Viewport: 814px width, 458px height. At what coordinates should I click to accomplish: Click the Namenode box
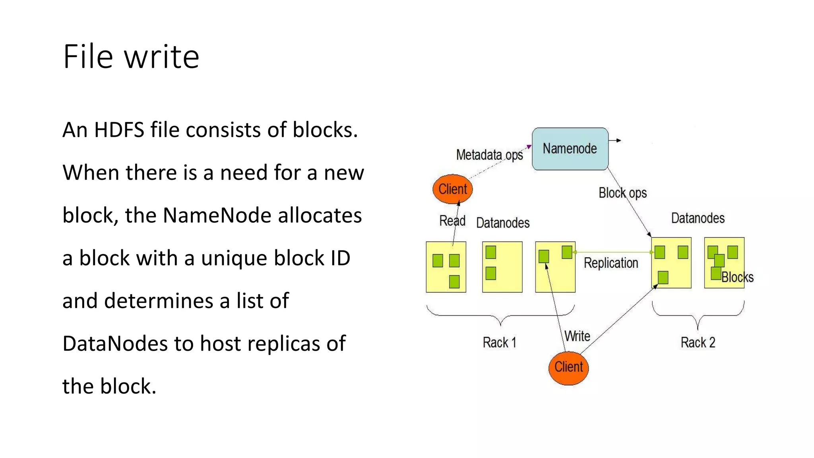[570, 149]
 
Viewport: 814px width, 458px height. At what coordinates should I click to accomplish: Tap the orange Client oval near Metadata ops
[452, 189]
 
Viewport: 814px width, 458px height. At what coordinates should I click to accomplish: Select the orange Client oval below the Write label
[568, 367]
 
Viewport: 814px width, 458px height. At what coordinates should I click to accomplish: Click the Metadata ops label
[489, 155]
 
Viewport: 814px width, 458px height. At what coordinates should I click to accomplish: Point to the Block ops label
[622, 193]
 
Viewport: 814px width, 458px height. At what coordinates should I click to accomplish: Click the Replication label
[611, 263]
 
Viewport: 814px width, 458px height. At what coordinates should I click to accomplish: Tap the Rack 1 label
[499, 342]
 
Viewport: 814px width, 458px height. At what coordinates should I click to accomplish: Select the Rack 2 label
[698, 342]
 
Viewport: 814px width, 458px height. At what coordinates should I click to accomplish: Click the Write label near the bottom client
[577, 336]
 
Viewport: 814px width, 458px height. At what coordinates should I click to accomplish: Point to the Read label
[452, 221]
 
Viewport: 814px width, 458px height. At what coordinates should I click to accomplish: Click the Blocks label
[737, 277]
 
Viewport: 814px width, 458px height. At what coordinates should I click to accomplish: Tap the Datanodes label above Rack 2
[698, 218]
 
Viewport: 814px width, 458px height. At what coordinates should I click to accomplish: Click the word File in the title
[87, 57]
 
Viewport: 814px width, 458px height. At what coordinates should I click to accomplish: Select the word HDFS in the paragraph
[119, 130]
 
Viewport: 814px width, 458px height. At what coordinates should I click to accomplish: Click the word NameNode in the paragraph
[217, 215]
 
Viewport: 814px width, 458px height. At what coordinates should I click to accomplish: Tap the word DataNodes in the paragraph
[114, 343]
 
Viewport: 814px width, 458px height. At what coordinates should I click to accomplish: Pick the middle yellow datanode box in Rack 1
[502, 267]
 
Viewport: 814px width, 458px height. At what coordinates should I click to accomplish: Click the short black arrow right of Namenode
[615, 140]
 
